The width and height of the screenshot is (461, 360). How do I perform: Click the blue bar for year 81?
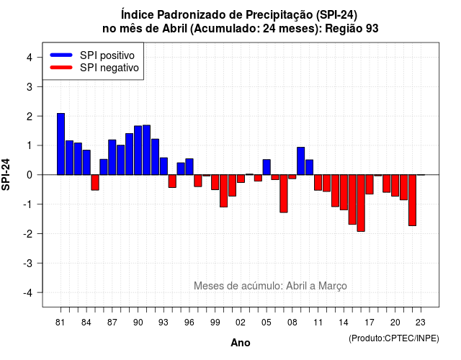[x=61, y=144]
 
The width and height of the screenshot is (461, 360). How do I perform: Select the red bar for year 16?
[x=361, y=203]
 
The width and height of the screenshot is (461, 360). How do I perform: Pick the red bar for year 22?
[x=412, y=200]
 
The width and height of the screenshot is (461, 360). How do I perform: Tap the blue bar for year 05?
[x=267, y=167]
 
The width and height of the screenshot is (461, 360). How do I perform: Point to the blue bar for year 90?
[x=138, y=150]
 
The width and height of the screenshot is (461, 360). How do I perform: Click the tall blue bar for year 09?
[x=301, y=161]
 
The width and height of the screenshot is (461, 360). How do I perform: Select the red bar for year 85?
[x=95, y=182]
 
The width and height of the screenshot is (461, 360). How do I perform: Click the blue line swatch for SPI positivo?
[x=61, y=55]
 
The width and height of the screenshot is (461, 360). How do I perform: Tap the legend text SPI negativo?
[x=109, y=68]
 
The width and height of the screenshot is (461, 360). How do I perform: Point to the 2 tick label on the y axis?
[x=30, y=117]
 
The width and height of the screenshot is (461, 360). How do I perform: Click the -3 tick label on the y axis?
[x=28, y=264]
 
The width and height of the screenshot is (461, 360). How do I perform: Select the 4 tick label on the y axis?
[x=30, y=58]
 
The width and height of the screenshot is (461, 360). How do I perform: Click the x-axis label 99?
[x=215, y=323]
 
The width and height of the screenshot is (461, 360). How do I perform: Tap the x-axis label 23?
[x=421, y=323]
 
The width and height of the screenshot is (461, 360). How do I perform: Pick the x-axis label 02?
[x=241, y=323]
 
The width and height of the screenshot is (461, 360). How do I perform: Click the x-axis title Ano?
[x=241, y=343]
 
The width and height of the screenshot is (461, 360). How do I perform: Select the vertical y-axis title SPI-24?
[x=6, y=174]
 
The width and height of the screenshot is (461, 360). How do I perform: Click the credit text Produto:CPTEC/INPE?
[x=394, y=338]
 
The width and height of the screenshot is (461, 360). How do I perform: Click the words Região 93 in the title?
[x=352, y=29]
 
